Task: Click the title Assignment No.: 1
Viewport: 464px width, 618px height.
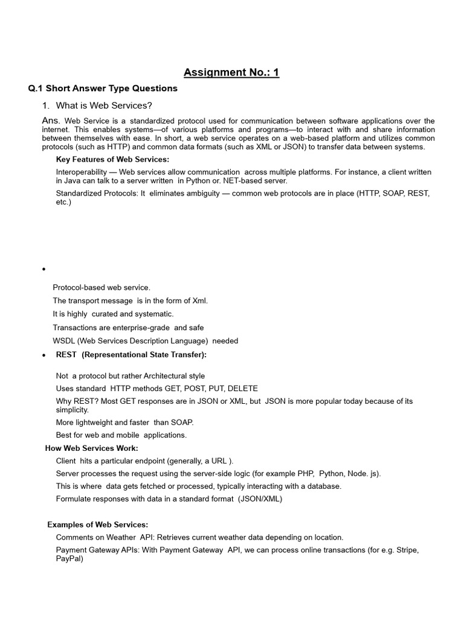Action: point(231,73)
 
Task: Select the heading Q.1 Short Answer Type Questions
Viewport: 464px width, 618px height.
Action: point(103,88)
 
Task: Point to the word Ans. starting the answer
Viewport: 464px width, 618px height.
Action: point(51,121)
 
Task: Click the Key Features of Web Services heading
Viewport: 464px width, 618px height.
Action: point(112,159)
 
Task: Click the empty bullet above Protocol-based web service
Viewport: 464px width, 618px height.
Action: point(44,269)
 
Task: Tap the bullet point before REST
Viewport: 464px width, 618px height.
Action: point(44,356)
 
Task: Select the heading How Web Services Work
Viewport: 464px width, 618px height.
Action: point(92,448)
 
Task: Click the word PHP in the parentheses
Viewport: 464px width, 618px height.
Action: point(305,473)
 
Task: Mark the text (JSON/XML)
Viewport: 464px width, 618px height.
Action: point(260,499)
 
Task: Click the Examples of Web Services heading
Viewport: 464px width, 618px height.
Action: point(98,524)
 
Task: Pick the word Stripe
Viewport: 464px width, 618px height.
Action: point(418,550)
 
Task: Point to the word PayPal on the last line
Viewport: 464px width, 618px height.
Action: point(68,559)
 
